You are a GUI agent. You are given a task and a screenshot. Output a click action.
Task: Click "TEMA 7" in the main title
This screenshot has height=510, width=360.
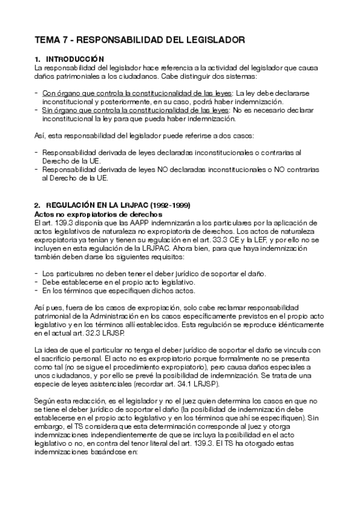click(52, 40)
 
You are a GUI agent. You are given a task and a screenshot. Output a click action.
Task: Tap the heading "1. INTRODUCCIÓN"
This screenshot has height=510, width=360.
click(70, 59)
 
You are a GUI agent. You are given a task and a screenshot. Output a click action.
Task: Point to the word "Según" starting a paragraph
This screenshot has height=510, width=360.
click(46, 401)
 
